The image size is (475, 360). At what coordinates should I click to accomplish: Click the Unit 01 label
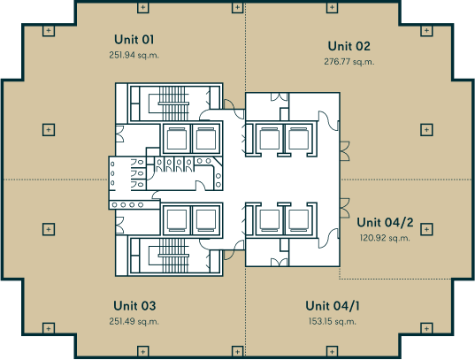click(134, 40)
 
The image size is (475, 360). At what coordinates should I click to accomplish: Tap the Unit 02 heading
click(349, 46)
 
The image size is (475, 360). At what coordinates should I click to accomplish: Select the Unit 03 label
click(134, 306)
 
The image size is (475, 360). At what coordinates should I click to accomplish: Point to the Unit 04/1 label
click(333, 306)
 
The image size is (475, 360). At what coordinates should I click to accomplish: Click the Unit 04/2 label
click(385, 222)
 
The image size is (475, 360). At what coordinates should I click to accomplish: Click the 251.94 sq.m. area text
click(134, 55)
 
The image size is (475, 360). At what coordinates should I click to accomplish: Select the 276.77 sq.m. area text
click(349, 62)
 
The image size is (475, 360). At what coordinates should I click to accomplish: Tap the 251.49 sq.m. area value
click(134, 321)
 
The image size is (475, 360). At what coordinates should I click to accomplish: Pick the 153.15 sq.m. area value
click(333, 321)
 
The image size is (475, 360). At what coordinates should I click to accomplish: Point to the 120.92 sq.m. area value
click(385, 238)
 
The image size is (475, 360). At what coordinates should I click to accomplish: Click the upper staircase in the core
click(172, 103)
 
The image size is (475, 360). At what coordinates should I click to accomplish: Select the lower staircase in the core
click(172, 256)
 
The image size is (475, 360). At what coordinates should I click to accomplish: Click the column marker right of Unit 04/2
click(426, 229)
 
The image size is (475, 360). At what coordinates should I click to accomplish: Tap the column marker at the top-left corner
click(49, 31)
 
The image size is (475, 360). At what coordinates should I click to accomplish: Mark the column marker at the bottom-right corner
click(426, 328)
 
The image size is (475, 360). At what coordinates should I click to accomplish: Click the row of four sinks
click(127, 205)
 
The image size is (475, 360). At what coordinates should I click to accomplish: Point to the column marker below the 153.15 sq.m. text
click(332, 351)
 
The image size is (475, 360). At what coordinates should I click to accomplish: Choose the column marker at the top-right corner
click(426, 31)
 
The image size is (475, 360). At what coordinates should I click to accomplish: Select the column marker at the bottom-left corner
click(49, 328)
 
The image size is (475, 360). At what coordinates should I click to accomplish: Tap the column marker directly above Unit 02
click(332, 7)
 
